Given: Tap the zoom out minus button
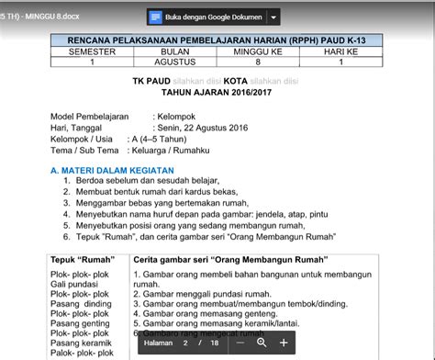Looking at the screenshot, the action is (x=240, y=343).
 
